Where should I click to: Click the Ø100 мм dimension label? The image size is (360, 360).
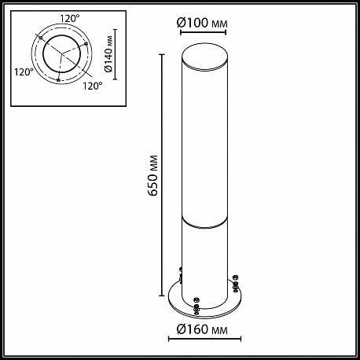click(x=202, y=24)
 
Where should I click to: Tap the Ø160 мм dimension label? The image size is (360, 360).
click(x=202, y=329)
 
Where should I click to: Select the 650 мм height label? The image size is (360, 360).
click(x=152, y=175)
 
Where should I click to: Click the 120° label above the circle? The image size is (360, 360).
click(x=70, y=19)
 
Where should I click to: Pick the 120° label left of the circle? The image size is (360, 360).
click(x=24, y=72)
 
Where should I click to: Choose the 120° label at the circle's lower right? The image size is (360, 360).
click(x=93, y=86)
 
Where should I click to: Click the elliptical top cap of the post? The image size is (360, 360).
click(x=204, y=56)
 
